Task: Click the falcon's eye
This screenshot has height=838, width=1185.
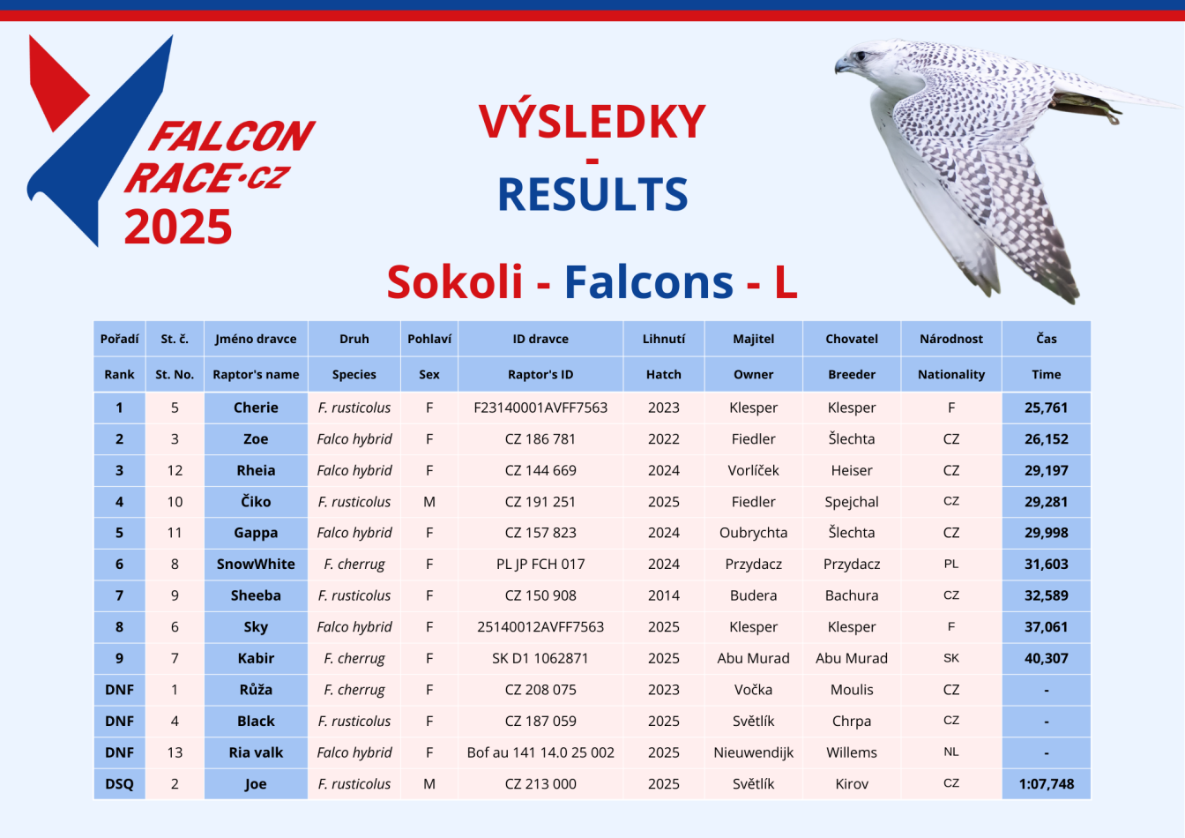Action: click(x=861, y=55)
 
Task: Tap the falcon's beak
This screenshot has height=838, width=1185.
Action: click(x=842, y=65)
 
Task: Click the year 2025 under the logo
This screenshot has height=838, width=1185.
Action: click(x=178, y=227)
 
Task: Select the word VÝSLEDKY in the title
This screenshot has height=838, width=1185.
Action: click(x=592, y=121)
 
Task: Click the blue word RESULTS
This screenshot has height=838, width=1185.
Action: click(x=592, y=194)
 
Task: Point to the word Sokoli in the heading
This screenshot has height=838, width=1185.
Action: click(x=454, y=281)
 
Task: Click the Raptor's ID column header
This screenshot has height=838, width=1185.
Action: click(x=540, y=374)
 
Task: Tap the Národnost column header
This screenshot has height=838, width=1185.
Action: click(x=950, y=339)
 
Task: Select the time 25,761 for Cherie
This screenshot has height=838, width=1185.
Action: click(x=1046, y=408)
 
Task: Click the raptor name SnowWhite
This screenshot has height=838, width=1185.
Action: click(x=256, y=564)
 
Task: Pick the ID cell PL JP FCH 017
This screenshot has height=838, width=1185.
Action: click(x=540, y=564)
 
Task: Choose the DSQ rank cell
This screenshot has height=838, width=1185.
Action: click(x=120, y=783)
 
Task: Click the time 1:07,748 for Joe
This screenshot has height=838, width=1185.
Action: click(x=1046, y=783)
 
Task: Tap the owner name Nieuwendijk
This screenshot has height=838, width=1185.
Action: click(x=753, y=752)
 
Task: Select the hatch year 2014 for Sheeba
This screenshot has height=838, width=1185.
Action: click(x=663, y=595)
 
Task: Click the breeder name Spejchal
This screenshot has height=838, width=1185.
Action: click(x=851, y=502)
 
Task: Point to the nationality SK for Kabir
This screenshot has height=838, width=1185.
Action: click(x=950, y=658)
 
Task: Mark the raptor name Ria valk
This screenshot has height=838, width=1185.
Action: click(x=256, y=752)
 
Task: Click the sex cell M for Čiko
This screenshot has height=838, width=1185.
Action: click(x=429, y=502)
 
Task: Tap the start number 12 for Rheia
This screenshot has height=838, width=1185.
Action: click(x=175, y=470)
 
